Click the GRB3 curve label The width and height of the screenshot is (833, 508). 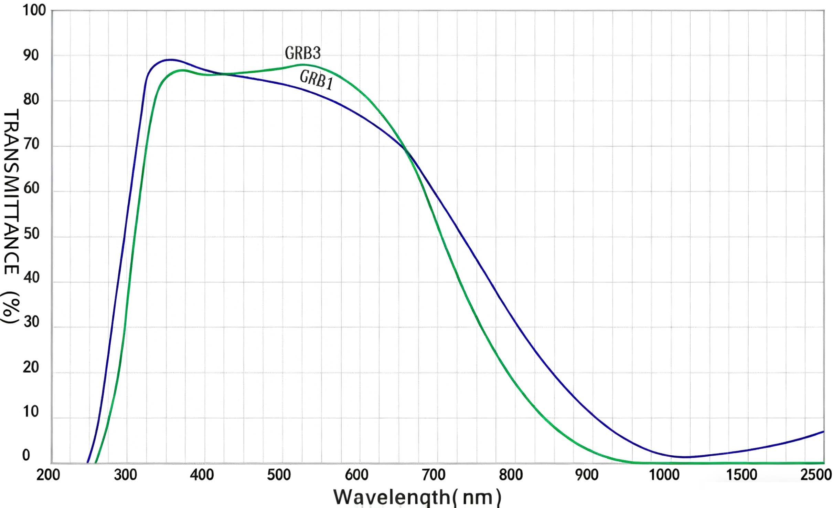click(x=303, y=53)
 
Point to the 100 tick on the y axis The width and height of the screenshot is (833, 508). click(x=34, y=11)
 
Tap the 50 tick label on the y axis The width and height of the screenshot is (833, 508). click(x=32, y=234)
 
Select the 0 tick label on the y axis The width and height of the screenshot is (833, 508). click(x=26, y=455)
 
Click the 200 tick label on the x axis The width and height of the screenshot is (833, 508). click(x=48, y=475)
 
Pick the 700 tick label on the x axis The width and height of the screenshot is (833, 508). click(x=434, y=475)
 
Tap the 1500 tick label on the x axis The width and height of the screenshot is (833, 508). click(x=741, y=475)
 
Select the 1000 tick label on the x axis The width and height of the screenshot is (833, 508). click(x=664, y=475)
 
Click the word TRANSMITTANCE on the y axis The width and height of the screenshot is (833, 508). click(x=11, y=191)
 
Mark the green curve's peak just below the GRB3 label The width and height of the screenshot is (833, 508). click(x=302, y=65)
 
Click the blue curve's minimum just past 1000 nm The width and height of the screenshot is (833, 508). click(x=685, y=457)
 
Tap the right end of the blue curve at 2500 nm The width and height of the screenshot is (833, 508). click(x=823, y=431)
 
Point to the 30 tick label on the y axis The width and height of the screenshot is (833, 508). click(x=32, y=322)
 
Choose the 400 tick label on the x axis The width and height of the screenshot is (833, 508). click(x=202, y=475)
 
